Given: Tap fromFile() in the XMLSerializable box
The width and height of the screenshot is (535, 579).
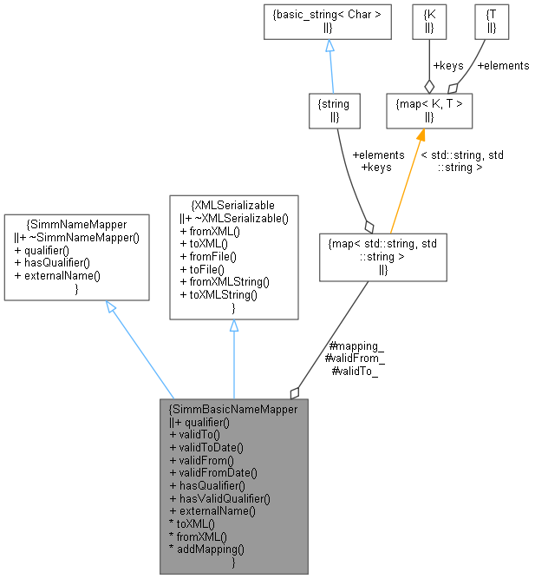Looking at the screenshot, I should tap(208, 256).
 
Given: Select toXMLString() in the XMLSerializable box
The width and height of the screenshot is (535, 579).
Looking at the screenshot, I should tap(219, 295).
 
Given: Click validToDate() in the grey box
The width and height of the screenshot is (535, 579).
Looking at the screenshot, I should tap(206, 447).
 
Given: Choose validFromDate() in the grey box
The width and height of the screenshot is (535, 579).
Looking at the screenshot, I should tap(213, 473).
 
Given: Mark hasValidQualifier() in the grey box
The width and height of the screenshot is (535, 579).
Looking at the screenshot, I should tap(220, 498).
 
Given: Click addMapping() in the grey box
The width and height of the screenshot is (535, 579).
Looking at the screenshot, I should tap(206, 549).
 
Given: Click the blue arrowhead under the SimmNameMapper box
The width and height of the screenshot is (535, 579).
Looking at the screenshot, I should tap(112, 307).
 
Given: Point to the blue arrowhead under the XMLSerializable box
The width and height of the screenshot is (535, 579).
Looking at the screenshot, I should tap(234, 326).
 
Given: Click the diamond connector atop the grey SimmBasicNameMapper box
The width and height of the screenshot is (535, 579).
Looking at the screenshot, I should tap(296, 392).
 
